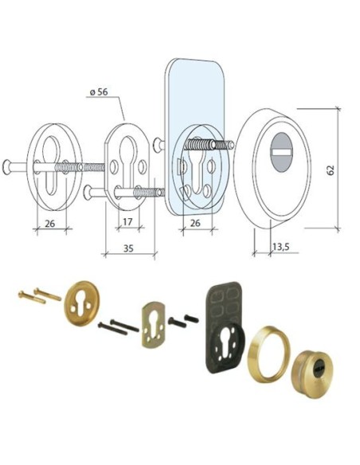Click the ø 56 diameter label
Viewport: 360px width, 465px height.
click(x=99, y=92)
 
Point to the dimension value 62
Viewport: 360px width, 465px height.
click(x=331, y=170)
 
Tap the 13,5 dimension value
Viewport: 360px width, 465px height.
click(x=281, y=247)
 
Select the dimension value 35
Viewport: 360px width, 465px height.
click(x=128, y=248)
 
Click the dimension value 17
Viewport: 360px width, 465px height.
click(x=127, y=221)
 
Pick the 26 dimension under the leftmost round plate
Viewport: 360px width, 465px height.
click(x=50, y=223)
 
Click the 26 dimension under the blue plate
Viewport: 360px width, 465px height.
click(x=195, y=223)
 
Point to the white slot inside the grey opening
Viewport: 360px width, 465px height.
click(x=282, y=152)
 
